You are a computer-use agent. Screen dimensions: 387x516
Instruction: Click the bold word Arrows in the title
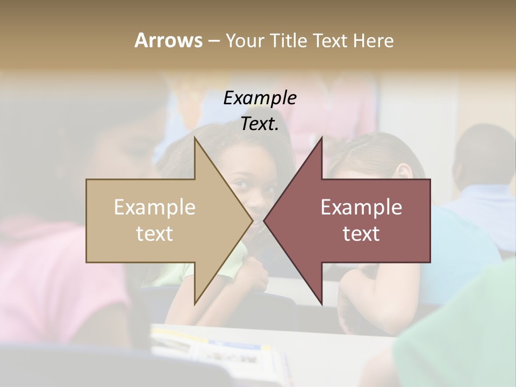[168, 40]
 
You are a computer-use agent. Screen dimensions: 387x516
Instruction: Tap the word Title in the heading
[291, 40]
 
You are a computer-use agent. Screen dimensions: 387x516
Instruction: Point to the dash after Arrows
[213, 41]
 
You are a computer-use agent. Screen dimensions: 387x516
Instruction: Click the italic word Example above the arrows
[260, 98]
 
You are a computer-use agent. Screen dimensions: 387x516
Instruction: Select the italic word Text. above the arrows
[260, 124]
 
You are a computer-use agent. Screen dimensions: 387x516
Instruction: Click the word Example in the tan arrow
[154, 207]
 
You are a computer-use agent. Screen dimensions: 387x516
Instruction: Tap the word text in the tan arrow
[154, 234]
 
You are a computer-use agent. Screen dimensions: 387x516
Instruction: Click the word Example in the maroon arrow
[361, 207]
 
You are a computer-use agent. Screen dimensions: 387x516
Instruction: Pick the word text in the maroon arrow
[361, 234]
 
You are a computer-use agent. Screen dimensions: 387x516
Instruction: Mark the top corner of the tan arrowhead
[195, 138]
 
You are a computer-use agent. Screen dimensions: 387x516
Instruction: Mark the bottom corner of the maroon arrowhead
[321, 304]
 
